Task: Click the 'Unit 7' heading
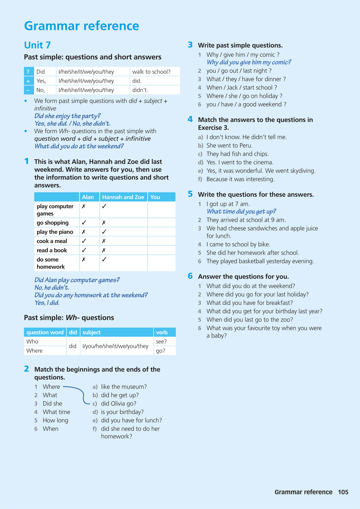pos(37,45)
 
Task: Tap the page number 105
pos(343,492)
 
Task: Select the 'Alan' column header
pos(88,197)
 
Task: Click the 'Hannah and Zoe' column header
pos(123,197)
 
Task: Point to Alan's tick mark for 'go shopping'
pos(84,223)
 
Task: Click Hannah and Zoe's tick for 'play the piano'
pos(104,232)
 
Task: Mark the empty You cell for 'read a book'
pos(161,250)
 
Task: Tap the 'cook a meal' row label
pos(52,241)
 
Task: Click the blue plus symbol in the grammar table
pos(28,81)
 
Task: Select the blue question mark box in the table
pos(28,72)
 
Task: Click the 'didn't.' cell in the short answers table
pos(140,90)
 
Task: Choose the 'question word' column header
pos(45,332)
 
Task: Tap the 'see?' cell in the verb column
pos(161,342)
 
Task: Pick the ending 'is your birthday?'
pos(122,412)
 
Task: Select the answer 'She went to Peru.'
pos(229,145)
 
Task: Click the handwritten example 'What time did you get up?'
pos(241,212)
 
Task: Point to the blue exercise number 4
pos(190,119)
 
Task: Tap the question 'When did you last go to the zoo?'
pos(249,320)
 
